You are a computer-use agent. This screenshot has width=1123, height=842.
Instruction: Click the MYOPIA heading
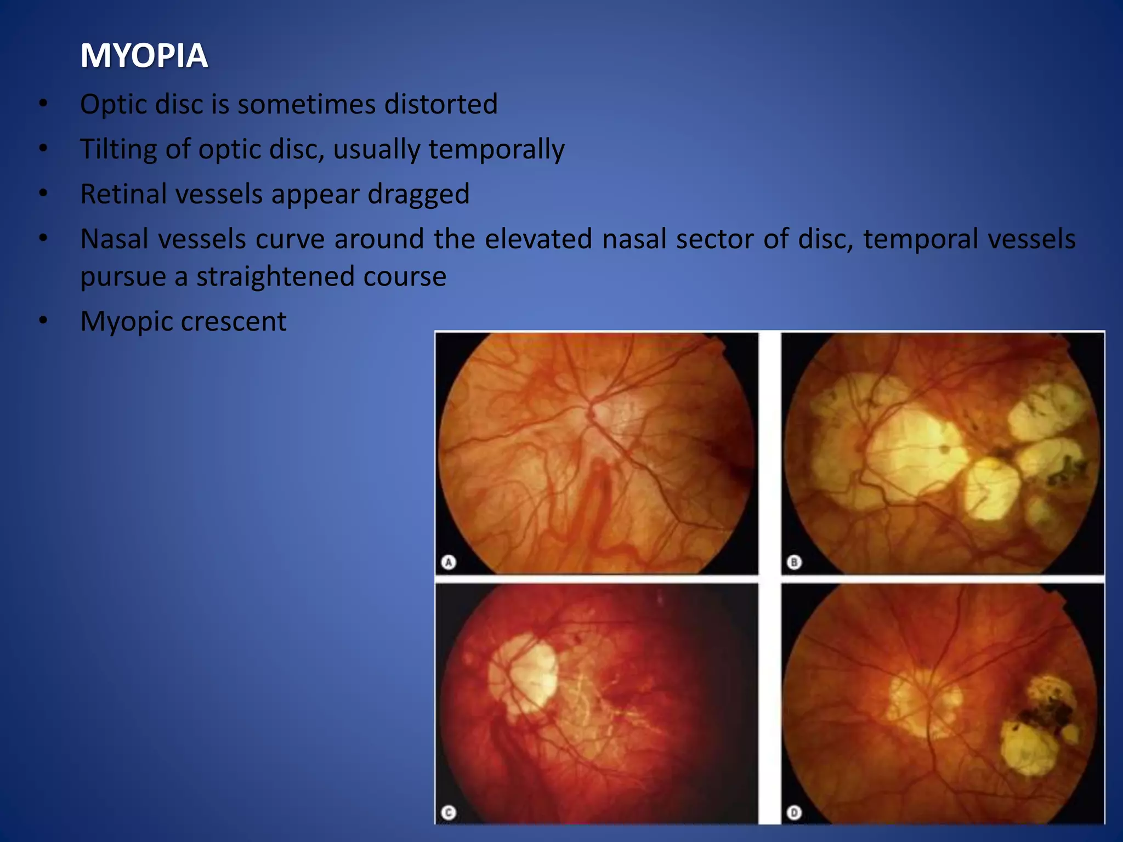point(144,55)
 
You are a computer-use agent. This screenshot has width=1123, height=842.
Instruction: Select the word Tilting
point(119,149)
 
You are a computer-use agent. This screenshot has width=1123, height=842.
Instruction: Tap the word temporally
point(496,149)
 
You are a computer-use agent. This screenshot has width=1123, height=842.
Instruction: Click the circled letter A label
point(449,562)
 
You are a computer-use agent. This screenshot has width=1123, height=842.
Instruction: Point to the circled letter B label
point(794,562)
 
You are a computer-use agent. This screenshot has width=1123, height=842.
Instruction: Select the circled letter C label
point(449,812)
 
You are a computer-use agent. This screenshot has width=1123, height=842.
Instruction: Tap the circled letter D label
point(794,812)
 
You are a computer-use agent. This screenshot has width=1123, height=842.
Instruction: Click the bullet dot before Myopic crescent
point(43,321)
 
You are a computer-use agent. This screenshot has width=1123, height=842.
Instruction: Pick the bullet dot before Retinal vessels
point(43,194)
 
